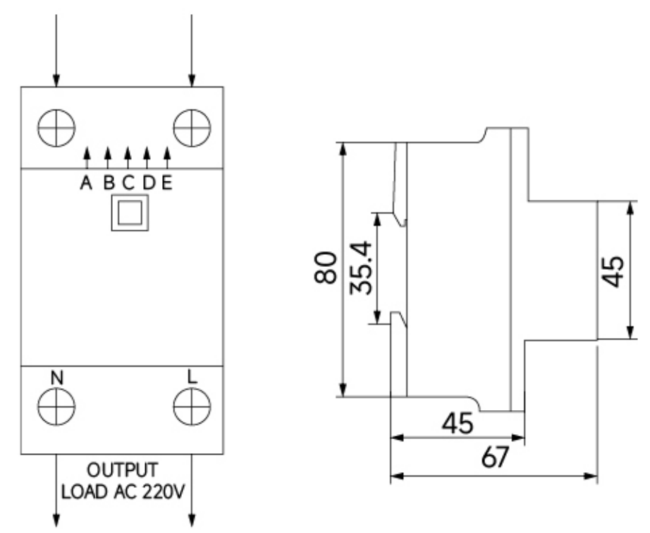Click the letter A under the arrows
[86, 182]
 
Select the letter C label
[128, 182]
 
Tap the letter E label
[166, 182]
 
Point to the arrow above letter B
[108, 157]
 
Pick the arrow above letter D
[147, 157]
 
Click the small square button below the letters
[130, 212]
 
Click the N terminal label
[57, 378]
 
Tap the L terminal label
[191, 376]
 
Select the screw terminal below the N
[56, 407]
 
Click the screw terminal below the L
[192, 407]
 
